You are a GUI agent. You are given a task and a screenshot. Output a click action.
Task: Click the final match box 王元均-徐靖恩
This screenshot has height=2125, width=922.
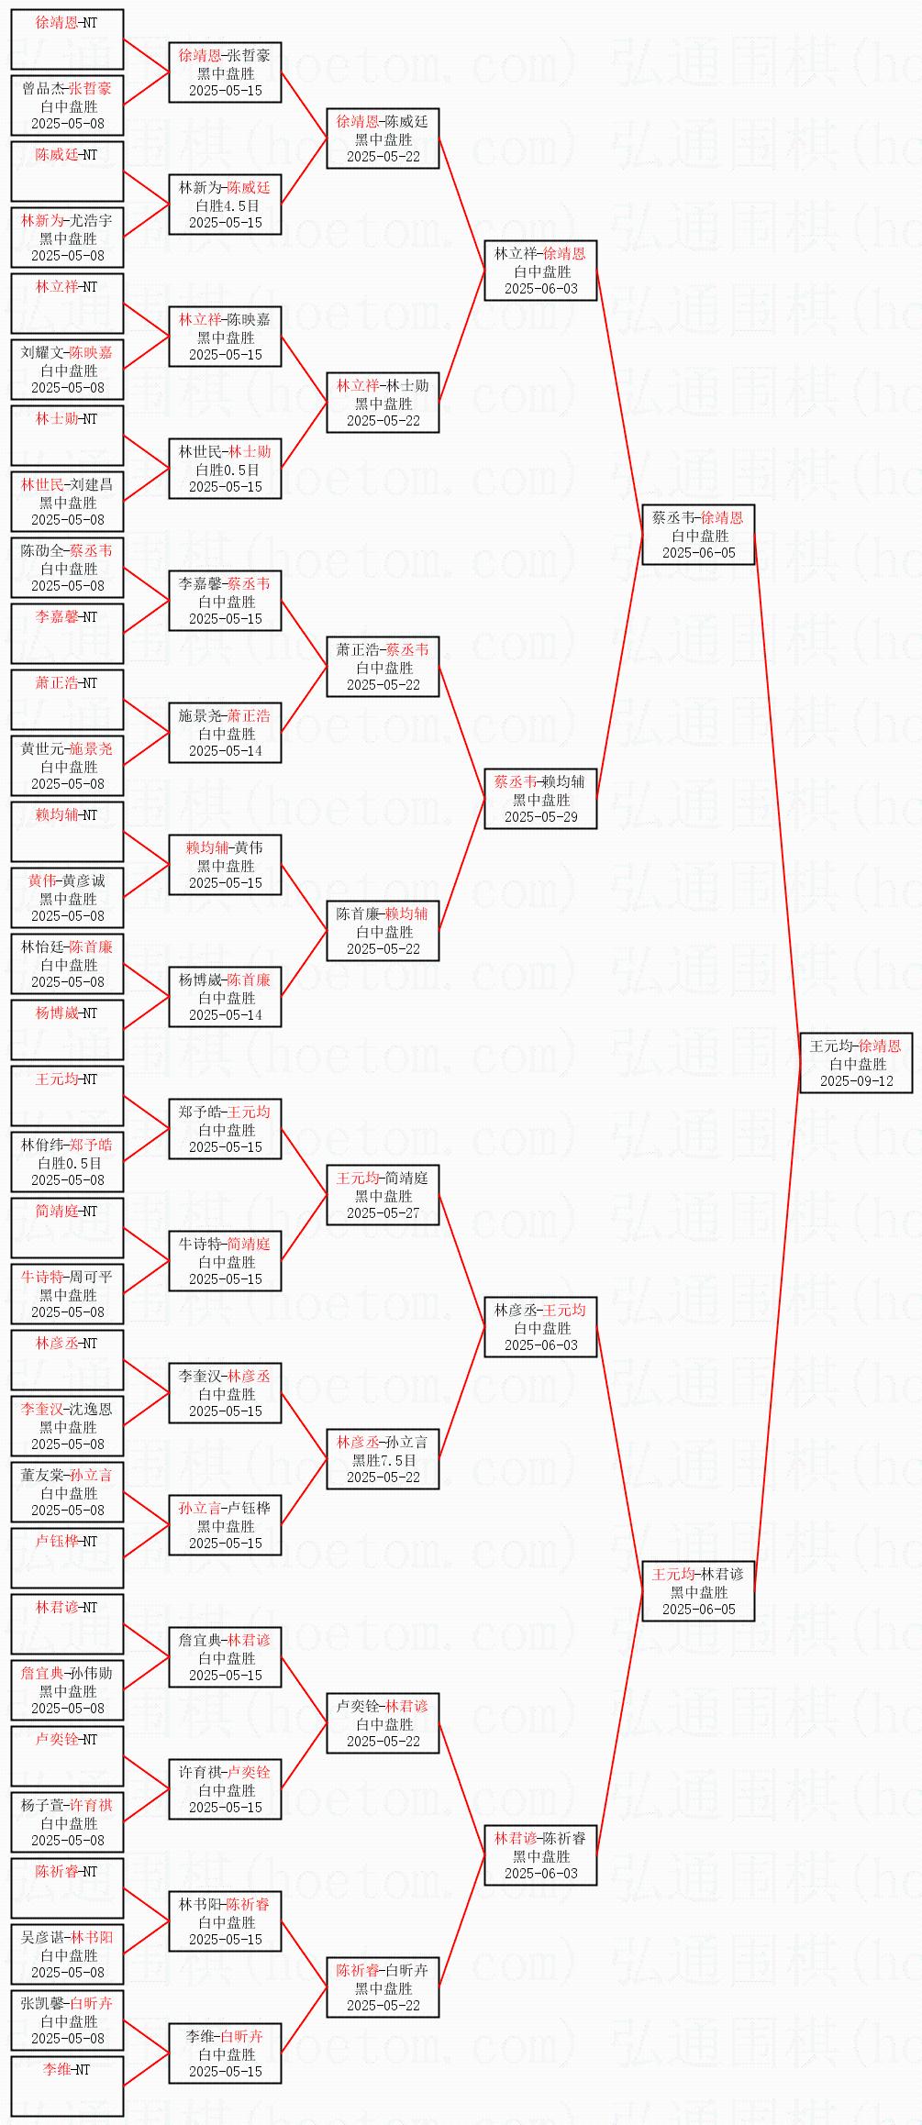click(856, 1063)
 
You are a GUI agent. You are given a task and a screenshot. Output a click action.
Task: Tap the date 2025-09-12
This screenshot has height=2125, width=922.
click(856, 1080)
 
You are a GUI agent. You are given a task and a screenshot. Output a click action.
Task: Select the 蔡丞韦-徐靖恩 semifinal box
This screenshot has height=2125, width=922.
click(698, 535)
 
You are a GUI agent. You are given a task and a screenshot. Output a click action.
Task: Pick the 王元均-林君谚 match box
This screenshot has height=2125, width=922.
click(698, 1591)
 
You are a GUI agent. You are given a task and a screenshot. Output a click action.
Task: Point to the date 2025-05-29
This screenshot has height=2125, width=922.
click(540, 816)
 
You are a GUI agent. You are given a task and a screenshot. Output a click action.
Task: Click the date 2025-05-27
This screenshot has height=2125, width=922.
click(383, 1212)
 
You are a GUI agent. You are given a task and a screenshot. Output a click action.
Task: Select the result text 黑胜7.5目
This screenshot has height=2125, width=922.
click(383, 1460)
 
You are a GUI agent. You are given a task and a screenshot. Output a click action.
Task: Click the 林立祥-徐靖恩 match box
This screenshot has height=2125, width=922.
click(540, 271)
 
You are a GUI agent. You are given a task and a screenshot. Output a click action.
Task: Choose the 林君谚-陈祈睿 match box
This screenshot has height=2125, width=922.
click(540, 1855)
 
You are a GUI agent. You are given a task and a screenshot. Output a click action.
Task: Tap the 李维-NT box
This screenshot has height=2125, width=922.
click(67, 2086)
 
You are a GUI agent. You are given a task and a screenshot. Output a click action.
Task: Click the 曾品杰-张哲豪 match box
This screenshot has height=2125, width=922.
click(67, 105)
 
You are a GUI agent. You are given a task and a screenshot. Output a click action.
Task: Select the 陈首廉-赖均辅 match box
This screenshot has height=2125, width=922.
click(383, 931)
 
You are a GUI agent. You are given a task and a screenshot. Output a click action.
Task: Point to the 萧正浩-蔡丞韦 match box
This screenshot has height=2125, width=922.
click(383, 667)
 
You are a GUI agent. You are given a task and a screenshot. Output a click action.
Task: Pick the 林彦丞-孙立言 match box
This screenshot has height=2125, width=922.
click(383, 1459)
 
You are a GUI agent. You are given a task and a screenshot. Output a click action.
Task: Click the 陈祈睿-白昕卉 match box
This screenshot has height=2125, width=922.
click(383, 1987)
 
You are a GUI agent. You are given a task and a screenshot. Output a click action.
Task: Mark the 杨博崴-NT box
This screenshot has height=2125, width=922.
click(67, 1030)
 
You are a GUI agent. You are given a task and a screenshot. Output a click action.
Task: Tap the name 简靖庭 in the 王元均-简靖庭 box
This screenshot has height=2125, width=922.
click(406, 1178)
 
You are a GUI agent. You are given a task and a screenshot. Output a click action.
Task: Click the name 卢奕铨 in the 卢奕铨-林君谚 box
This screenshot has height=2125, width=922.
click(357, 1706)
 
